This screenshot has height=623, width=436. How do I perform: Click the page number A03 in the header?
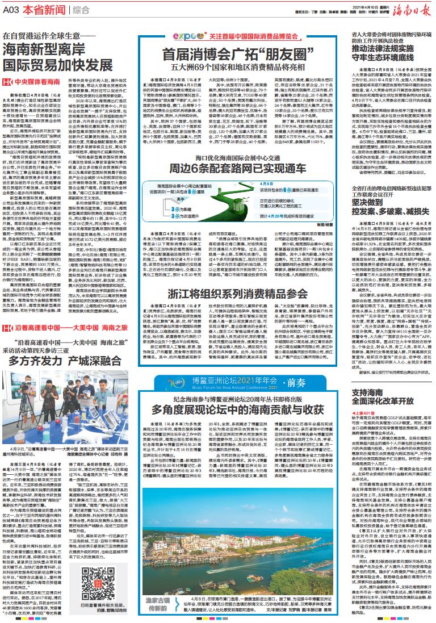tap(12, 10)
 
